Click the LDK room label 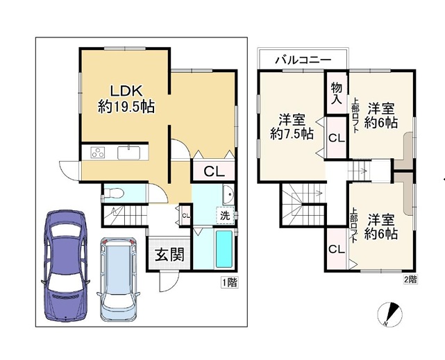click(126, 91)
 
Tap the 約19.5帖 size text click(126, 107)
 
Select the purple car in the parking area click(65, 266)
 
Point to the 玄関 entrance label click(169, 255)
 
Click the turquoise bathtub click(224, 249)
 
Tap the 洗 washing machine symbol click(225, 216)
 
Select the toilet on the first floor click(114, 194)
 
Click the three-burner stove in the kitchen click(98, 153)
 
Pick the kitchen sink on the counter click(129, 153)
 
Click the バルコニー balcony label click(303, 60)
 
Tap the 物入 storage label click(337, 93)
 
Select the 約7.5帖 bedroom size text click(292, 133)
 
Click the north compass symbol click(390, 314)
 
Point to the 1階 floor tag click(230, 282)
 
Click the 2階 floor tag click(410, 280)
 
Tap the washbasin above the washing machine click(228, 195)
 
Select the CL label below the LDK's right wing click(215, 171)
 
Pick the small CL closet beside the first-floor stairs click(185, 216)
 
